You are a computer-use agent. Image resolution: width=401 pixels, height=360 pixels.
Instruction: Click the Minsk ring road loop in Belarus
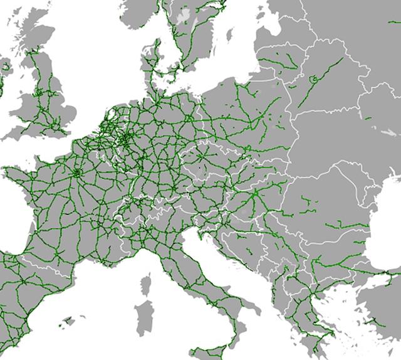(x=313, y=79)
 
